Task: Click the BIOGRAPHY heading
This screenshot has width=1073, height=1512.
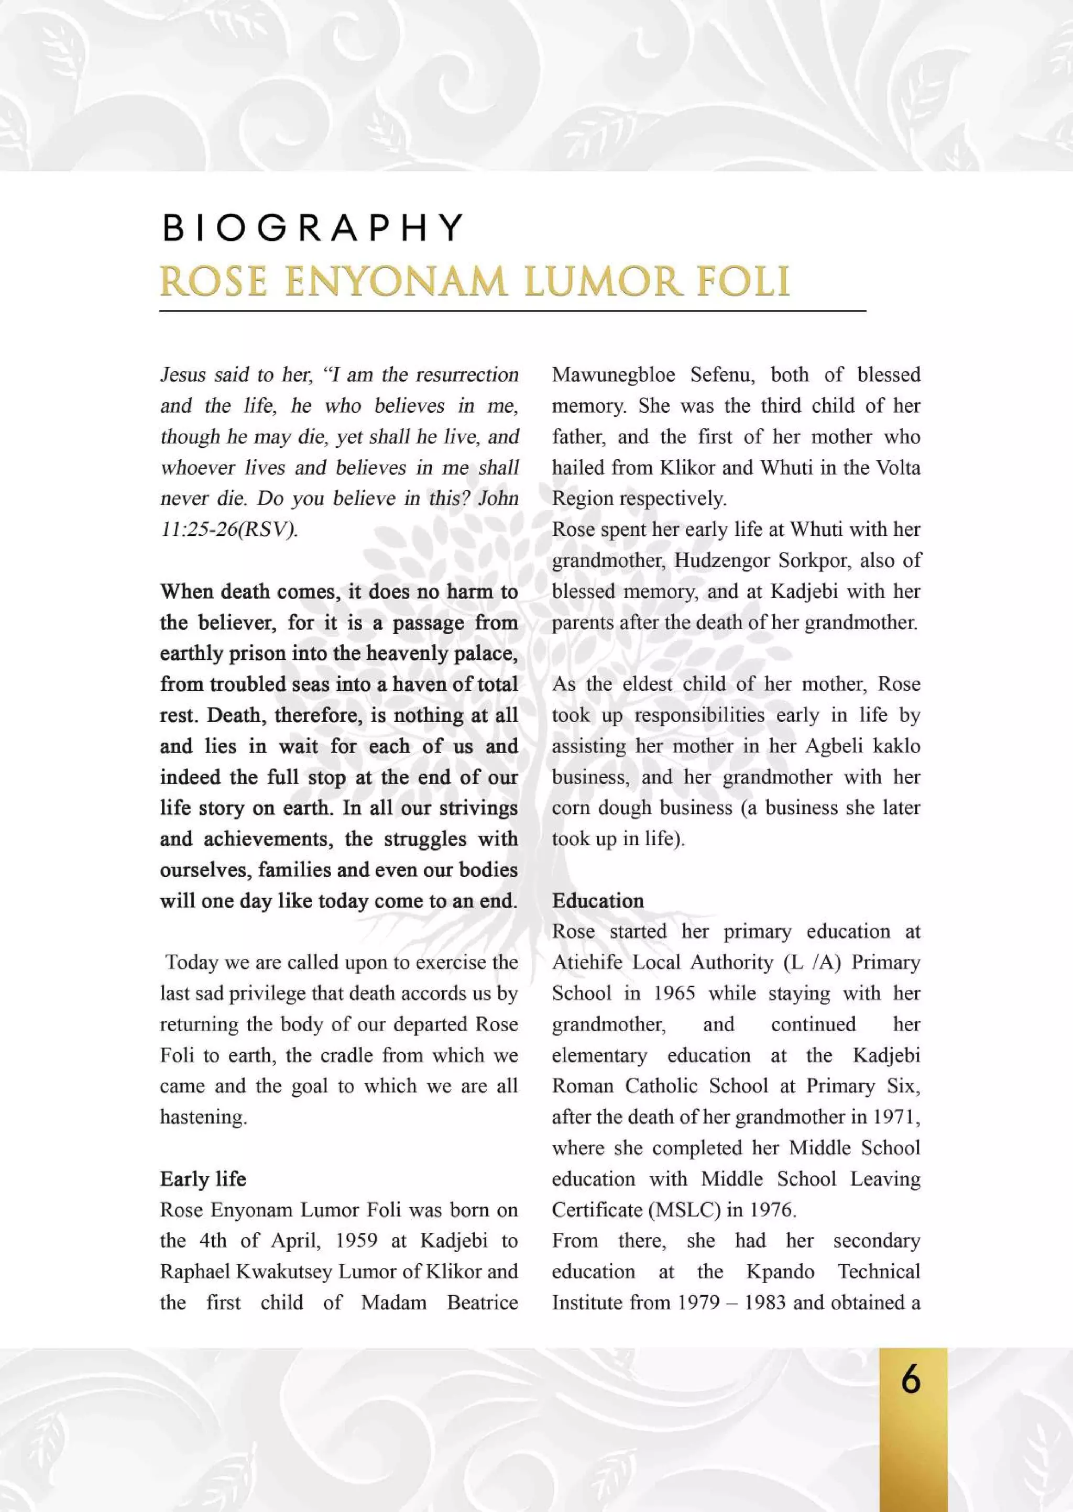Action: (x=312, y=228)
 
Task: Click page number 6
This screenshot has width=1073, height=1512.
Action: (x=911, y=1379)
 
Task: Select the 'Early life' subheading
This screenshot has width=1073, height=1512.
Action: (x=203, y=1178)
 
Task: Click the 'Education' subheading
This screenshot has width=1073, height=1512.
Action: (x=597, y=901)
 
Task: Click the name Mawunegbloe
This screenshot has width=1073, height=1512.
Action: (x=613, y=375)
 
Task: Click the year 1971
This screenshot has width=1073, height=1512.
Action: (x=896, y=1117)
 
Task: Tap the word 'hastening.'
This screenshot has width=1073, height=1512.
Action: (x=203, y=1117)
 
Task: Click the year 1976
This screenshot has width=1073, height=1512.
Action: (x=772, y=1210)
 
